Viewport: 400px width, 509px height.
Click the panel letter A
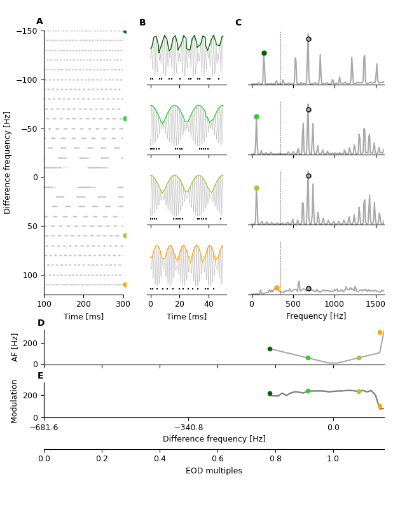(39, 22)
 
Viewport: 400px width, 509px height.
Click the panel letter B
(142, 23)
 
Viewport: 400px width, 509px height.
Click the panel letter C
(238, 23)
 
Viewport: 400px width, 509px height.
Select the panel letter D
(41, 323)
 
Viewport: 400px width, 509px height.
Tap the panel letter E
(41, 376)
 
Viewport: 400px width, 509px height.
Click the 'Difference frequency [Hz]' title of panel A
(8, 162)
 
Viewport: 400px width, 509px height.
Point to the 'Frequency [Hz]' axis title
(316, 316)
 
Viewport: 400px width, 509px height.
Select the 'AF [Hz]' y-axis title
(15, 347)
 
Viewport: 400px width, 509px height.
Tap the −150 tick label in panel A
(27, 31)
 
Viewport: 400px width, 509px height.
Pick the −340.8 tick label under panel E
(188, 428)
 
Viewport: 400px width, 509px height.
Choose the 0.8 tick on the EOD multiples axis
(275, 459)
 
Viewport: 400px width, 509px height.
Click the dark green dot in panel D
(270, 349)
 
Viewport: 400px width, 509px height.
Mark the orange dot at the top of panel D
(380, 332)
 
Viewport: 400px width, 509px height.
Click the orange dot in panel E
(380, 406)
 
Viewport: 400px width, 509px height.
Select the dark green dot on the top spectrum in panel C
(264, 53)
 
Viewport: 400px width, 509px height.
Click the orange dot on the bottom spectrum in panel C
(277, 288)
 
